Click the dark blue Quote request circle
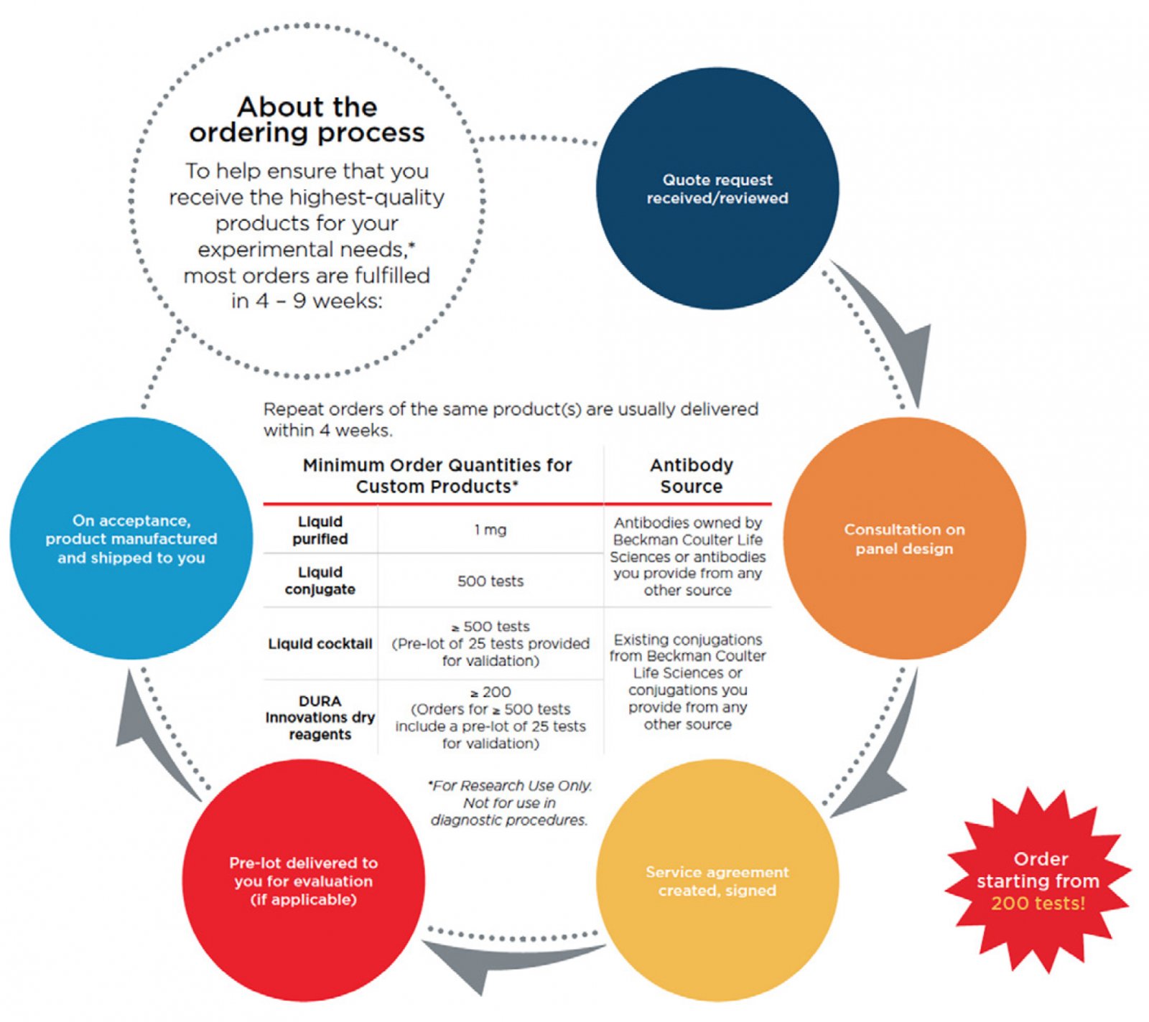717,189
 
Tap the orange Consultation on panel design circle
904,538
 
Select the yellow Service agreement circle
717,881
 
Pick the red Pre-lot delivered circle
303,881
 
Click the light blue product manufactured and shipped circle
131,538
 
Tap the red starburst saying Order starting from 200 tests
1038,881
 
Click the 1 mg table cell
490,530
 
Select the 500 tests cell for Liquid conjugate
490,581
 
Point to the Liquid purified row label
320,530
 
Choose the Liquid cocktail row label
320,644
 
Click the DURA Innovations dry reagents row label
320,717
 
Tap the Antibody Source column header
691,475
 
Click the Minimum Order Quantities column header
437,475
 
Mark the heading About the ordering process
307,120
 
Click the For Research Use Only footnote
510,802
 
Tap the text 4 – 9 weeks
307,301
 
